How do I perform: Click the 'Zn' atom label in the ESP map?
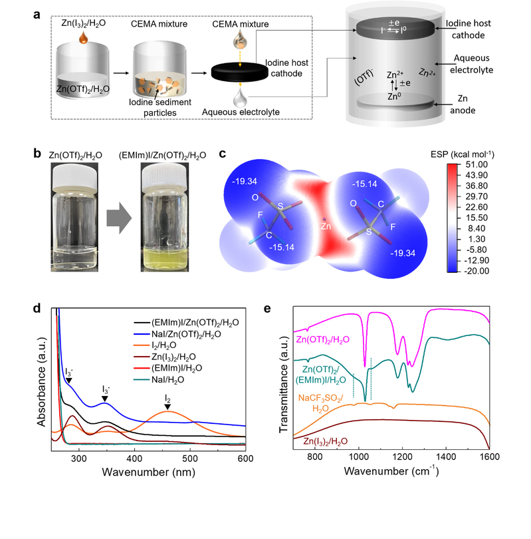pos(325,226)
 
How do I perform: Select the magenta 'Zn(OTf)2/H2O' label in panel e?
pos(336,340)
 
